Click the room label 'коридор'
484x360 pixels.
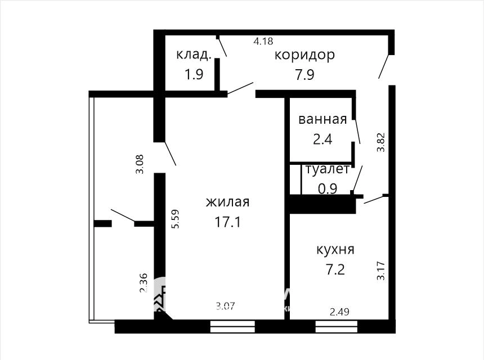tap(304, 55)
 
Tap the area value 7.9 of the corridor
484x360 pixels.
tap(304, 75)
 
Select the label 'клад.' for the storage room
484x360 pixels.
tap(194, 55)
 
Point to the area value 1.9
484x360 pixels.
tap(194, 74)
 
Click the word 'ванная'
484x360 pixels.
tap(322, 119)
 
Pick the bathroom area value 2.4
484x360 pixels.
tap(322, 139)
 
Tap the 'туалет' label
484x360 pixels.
tap(328, 169)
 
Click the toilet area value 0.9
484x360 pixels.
tap(328, 188)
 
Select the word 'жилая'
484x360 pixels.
tap(227, 202)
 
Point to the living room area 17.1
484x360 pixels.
tap(227, 222)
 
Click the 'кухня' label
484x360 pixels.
tap(335, 249)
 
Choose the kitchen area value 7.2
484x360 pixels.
tap(335, 270)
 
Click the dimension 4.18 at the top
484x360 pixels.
tap(263, 40)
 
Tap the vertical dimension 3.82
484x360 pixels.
tap(381, 142)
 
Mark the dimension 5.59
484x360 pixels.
tap(176, 219)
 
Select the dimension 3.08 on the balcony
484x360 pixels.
tap(140, 164)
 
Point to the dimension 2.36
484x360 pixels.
tap(143, 283)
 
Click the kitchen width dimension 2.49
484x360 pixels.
tap(339, 312)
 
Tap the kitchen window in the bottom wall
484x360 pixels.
tap(337, 326)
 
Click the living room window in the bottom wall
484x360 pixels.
tap(232, 326)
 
